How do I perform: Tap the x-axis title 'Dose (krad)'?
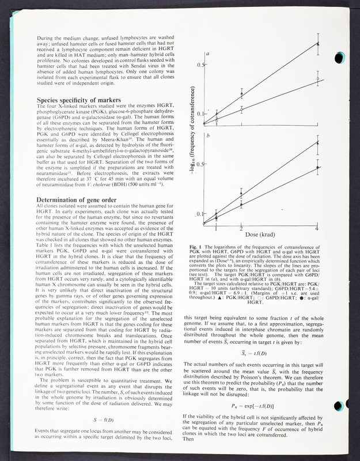(x=266, y=236)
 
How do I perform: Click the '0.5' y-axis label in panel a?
(x=199, y=65)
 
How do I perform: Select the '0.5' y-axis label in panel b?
(x=199, y=163)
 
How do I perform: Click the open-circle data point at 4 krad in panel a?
(x=319, y=78)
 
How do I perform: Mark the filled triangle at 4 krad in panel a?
(x=319, y=43)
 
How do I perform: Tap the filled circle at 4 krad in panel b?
(x=319, y=168)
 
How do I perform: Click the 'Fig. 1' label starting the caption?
(x=197, y=247)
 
